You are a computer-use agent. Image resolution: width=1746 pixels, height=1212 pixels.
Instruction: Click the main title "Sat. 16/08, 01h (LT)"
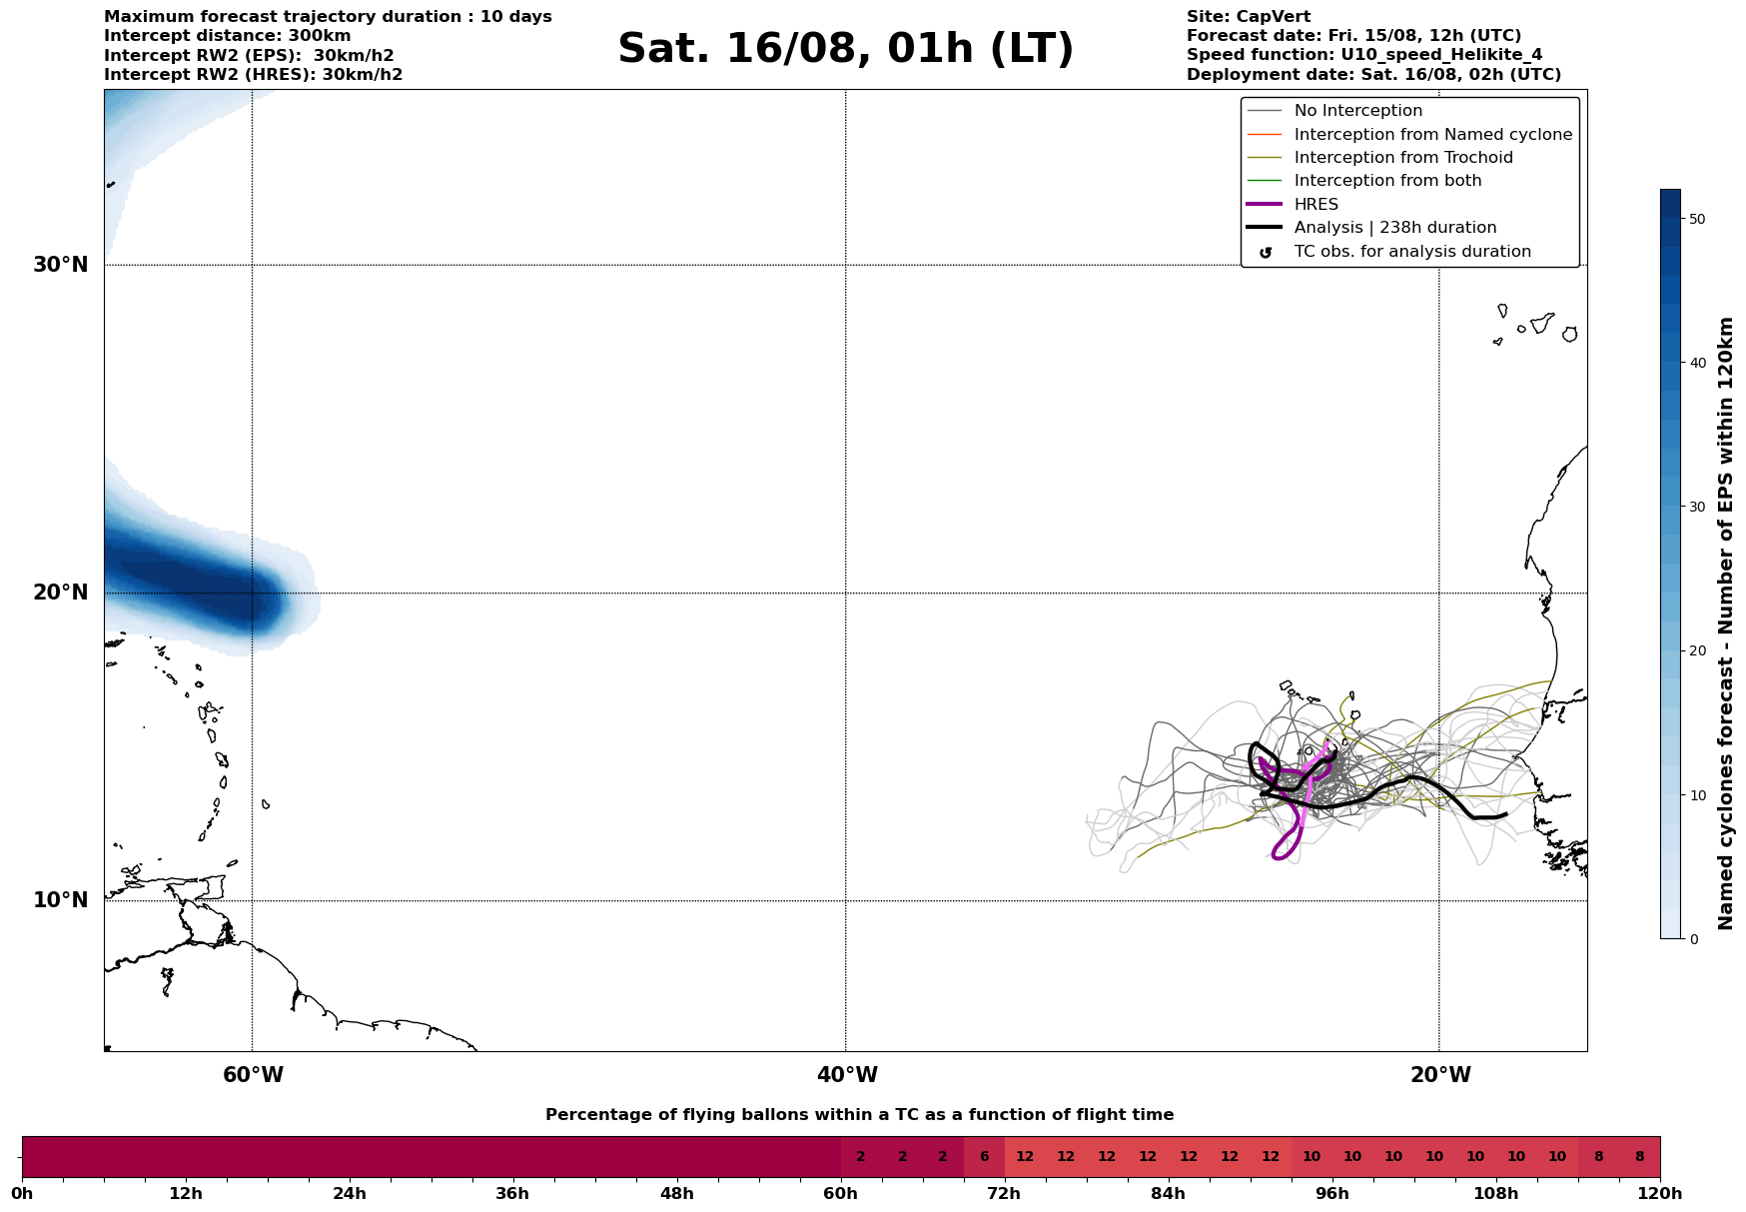click(845, 50)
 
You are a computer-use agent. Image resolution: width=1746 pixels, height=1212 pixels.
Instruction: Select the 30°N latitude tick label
click(61, 265)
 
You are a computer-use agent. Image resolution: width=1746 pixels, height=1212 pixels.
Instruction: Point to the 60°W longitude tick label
click(253, 1075)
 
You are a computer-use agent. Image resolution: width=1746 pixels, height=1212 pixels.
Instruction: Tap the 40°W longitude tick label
click(847, 1075)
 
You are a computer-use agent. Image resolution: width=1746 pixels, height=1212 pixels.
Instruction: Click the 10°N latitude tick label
click(61, 900)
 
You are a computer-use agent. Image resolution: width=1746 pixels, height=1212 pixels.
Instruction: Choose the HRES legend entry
click(1315, 205)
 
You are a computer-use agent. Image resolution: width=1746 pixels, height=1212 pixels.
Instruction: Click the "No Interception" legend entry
click(1357, 111)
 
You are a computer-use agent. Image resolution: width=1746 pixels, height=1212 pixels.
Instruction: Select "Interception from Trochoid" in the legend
click(1402, 158)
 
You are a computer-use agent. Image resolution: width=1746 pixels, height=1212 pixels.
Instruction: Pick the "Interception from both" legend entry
click(1387, 181)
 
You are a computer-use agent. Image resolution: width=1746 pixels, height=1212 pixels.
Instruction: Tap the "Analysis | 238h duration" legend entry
click(1394, 228)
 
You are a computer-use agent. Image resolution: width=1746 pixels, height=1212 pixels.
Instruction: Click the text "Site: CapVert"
click(1248, 17)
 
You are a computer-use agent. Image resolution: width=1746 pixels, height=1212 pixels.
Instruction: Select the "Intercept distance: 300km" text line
click(227, 36)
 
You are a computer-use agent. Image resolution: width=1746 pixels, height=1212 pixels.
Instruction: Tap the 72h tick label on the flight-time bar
click(1005, 1193)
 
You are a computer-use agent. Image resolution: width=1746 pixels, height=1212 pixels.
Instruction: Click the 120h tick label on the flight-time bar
click(1660, 1193)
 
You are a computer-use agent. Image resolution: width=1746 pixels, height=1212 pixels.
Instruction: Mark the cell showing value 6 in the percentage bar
click(984, 1157)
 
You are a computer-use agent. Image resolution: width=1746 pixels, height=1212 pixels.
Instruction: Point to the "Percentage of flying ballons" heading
click(859, 1115)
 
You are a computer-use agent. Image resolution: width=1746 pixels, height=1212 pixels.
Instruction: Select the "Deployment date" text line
click(1373, 75)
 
